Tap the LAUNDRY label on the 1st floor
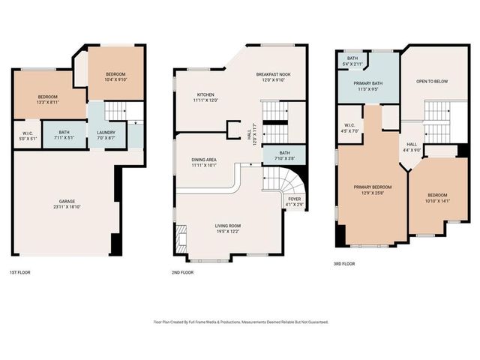[x=106, y=136]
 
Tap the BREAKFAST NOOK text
[x=274, y=78]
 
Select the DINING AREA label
[x=202, y=162]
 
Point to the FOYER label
[x=295, y=201]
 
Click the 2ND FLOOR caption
[x=182, y=272]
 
